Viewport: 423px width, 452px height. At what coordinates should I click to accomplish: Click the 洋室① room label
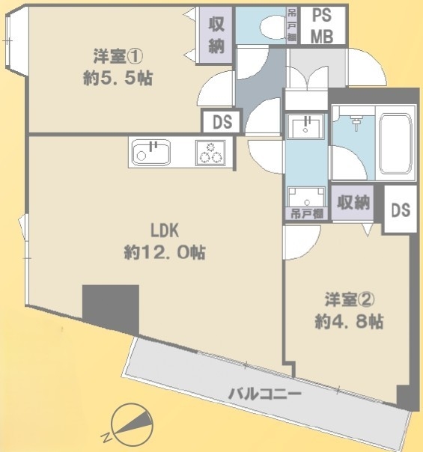pos(118,55)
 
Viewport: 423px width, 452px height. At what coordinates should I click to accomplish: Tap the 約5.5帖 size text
pos(118,77)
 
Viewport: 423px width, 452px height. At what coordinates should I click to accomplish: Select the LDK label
pos(163,230)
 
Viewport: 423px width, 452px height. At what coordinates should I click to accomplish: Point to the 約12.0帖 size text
pos(165,252)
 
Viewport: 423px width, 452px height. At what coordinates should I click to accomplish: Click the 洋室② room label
pos(349,300)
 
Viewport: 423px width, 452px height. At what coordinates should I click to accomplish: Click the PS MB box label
pos(323,25)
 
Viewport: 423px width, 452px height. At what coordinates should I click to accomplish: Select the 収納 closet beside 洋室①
pos(217,36)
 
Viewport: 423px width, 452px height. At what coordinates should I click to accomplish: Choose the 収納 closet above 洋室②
pos(354,201)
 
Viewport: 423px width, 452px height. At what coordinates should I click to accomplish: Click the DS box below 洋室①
pos(222,121)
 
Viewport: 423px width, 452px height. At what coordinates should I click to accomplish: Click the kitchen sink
pos(151,153)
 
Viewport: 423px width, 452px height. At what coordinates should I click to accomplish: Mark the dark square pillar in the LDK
pos(111,307)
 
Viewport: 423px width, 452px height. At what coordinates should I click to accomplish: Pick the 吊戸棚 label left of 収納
pos(307,213)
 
